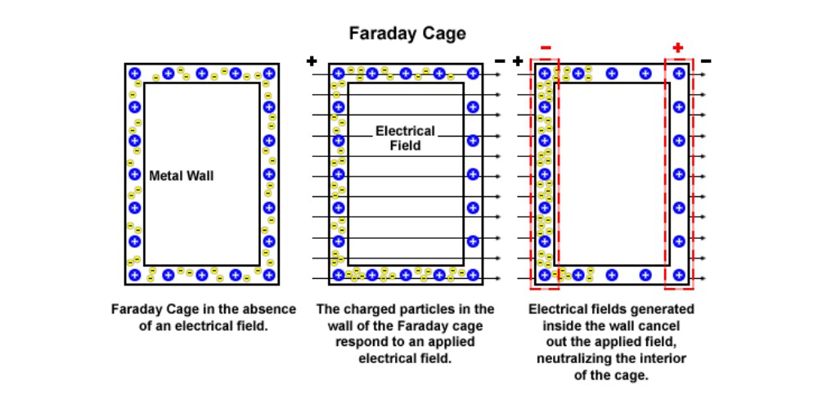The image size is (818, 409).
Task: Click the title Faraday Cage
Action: pyautogui.click(x=407, y=34)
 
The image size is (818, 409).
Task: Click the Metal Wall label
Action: pyautogui.click(x=181, y=175)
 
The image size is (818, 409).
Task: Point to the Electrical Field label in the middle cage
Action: pyautogui.click(x=405, y=138)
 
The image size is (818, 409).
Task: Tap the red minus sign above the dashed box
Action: pyautogui.click(x=546, y=48)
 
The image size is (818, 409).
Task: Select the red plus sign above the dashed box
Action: pyautogui.click(x=677, y=48)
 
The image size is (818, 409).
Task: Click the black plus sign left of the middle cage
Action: pyautogui.click(x=311, y=61)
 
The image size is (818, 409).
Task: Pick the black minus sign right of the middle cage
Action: pyautogui.click(x=500, y=61)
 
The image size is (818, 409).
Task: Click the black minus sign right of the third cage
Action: pyautogui.click(x=705, y=61)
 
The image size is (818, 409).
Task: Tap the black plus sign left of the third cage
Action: pyautogui.click(x=518, y=61)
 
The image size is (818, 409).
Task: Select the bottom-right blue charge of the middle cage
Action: pyautogui.click(x=472, y=275)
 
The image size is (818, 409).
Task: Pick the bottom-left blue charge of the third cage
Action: pyautogui.click(x=545, y=275)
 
